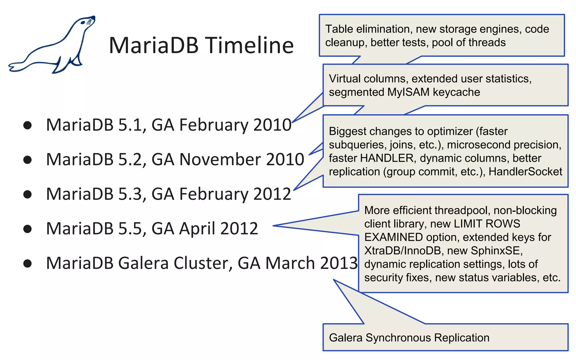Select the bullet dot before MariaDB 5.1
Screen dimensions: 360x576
[28, 125]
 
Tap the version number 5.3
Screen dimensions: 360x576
[130, 194]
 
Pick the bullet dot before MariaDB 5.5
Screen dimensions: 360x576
[28, 229]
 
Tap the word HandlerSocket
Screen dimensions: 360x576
[525, 172]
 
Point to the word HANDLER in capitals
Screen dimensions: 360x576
[387, 158]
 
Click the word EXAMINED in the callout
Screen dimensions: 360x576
[393, 237]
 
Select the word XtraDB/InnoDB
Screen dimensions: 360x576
[402, 251]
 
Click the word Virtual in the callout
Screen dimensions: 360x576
[345, 79]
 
